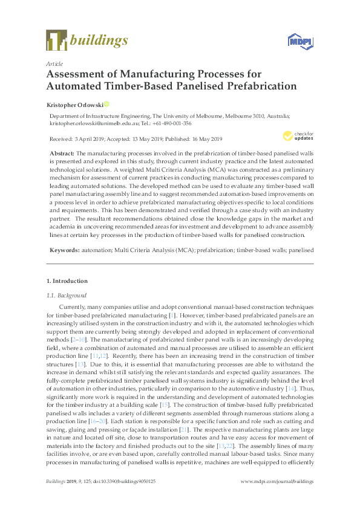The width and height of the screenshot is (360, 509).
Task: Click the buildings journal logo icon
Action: (x=56, y=40)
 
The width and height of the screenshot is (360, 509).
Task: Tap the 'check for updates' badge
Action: (x=291, y=136)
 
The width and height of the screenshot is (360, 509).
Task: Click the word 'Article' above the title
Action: (x=54, y=63)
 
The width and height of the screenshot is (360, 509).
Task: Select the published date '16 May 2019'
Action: (x=223, y=138)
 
